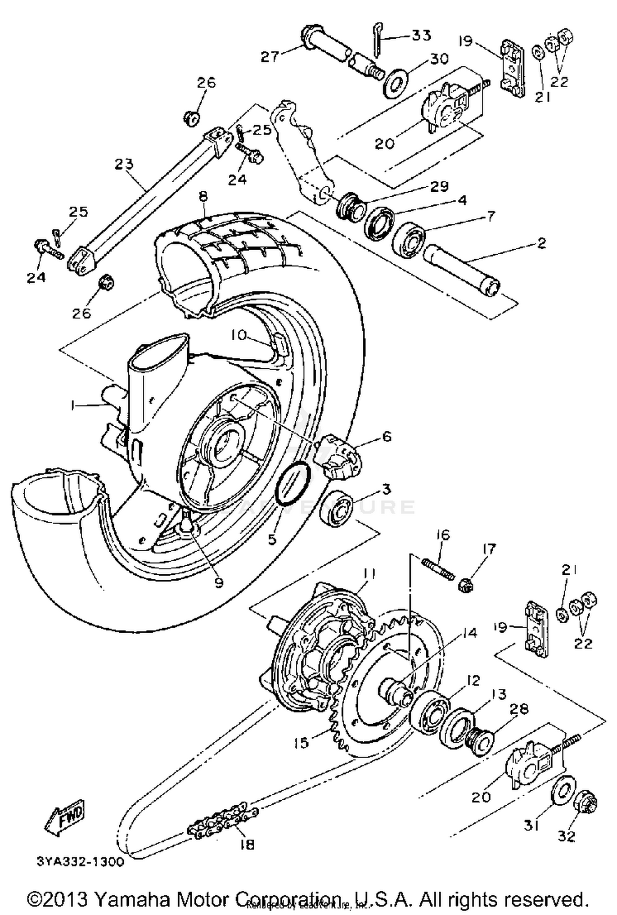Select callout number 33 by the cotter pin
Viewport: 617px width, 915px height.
click(420, 35)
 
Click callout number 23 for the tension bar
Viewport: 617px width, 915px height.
click(124, 165)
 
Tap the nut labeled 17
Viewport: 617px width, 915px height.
click(465, 583)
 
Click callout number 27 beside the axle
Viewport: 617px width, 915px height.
click(270, 56)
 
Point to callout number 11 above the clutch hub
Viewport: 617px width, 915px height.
click(371, 573)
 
